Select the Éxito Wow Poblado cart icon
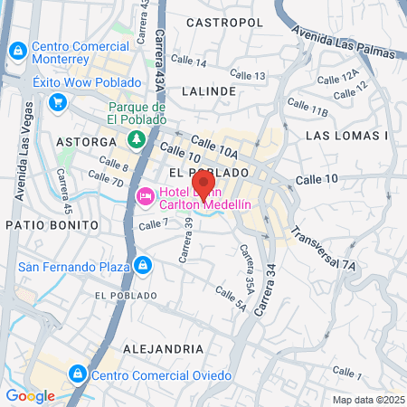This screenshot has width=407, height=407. click(x=58, y=102)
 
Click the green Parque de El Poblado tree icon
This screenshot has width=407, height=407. click(x=136, y=138)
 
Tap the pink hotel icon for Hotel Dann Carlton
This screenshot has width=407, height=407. click(x=145, y=196)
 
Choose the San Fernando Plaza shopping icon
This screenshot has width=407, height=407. click(x=141, y=265)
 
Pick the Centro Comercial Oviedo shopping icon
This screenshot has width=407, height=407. click(x=78, y=373)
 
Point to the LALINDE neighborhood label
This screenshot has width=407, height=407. click(x=209, y=91)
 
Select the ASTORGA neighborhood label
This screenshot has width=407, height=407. click(x=86, y=142)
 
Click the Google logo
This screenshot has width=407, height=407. click(x=30, y=395)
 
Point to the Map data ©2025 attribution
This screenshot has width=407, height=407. click(x=367, y=400)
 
